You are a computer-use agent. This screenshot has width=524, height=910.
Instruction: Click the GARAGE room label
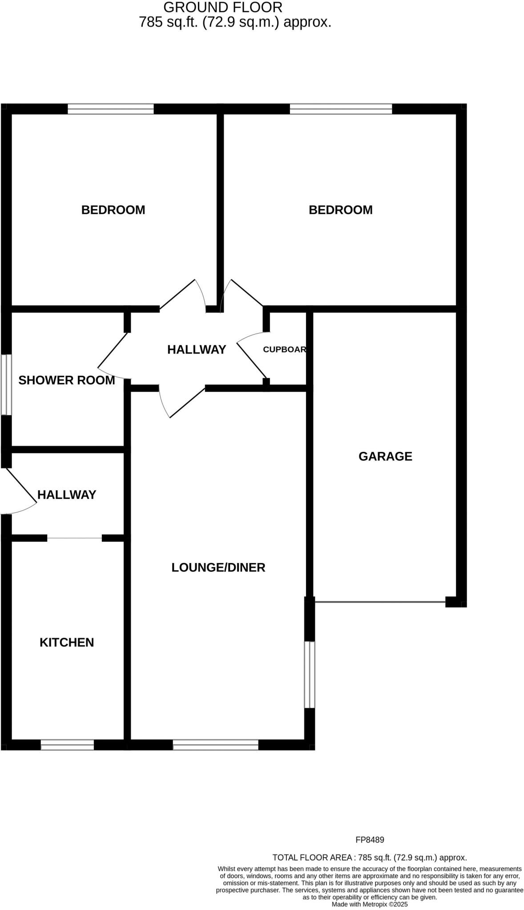pyautogui.click(x=385, y=456)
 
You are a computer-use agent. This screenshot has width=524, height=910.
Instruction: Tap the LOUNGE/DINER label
pyautogui.click(x=218, y=567)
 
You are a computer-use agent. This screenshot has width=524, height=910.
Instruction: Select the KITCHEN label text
pyautogui.click(x=67, y=643)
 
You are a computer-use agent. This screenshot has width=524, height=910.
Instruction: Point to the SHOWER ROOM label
pyautogui.click(x=67, y=380)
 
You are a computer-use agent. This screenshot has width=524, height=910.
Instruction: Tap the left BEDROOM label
pyautogui.click(x=113, y=210)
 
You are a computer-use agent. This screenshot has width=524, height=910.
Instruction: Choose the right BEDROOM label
pyautogui.click(x=340, y=210)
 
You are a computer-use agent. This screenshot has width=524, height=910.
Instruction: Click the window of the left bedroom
pyautogui.click(x=110, y=109)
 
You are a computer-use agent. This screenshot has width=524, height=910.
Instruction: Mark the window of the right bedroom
pyautogui.click(x=341, y=109)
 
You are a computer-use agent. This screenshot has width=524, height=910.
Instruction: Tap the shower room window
pyautogui.click(x=6, y=384)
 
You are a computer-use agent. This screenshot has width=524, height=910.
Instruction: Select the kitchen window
pyautogui.click(x=67, y=745)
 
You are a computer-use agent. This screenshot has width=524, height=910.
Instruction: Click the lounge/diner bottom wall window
pyautogui.click(x=215, y=745)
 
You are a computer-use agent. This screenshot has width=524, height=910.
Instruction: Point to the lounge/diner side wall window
pyautogui.click(x=310, y=675)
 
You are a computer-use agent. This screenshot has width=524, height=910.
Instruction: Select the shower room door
pyautogui.click(x=112, y=351)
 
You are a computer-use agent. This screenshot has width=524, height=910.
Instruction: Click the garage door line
pyautogui.click(x=380, y=602)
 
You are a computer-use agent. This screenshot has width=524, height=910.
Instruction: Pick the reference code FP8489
pyautogui.click(x=370, y=840)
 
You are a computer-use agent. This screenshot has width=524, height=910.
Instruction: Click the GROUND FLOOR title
pyautogui.click(x=223, y=7)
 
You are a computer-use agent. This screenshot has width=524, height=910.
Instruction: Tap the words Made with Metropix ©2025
pyautogui.click(x=369, y=904)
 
